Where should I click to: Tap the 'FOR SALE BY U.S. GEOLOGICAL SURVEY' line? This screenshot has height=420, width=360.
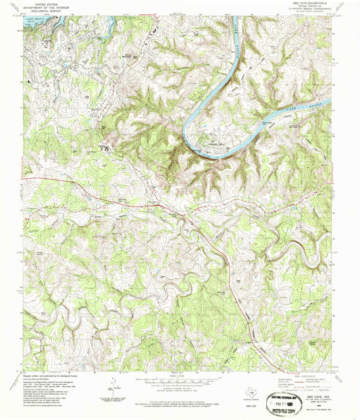click(180, 405)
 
